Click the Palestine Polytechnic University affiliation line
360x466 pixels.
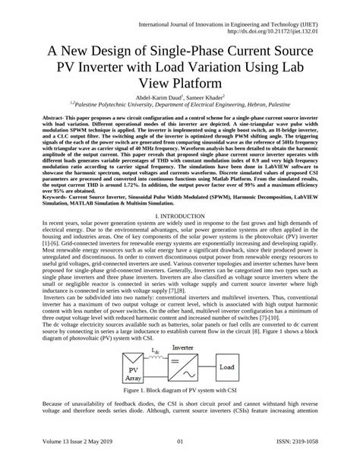(x=179, y=106)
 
